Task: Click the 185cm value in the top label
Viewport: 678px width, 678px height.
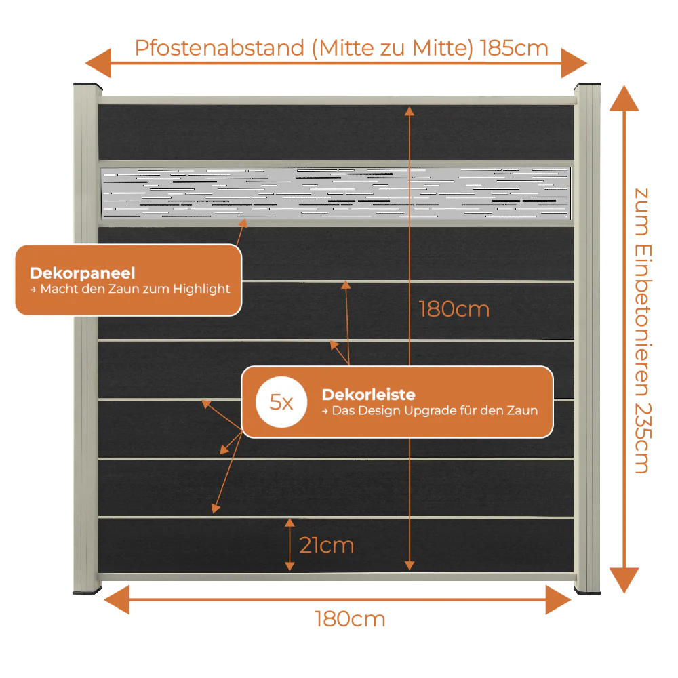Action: (514, 48)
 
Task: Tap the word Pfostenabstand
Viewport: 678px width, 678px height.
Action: (220, 48)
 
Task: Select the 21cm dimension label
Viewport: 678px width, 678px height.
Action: (327, 545)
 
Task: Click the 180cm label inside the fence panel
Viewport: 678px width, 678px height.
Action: (454, 309)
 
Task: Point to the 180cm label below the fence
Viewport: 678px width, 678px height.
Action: (350, 619)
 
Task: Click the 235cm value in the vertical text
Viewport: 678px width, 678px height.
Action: (643, 439)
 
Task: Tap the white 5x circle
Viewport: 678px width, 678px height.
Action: (281, 402)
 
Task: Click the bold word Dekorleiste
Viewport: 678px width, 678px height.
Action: (368, 395)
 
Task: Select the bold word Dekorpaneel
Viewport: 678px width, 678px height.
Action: (83, 273)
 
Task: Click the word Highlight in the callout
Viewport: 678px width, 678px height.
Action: (201, 290)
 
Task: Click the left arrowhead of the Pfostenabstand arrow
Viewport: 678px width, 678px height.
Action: (98, 63)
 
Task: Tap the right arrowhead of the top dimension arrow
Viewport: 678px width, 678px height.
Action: (574, 63)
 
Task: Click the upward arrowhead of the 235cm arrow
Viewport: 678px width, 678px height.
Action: (624, 98)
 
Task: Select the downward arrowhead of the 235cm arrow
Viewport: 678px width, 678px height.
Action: (624, 580)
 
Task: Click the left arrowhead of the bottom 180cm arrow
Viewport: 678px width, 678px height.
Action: (117, 600)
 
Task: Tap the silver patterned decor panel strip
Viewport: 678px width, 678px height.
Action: (336, 193)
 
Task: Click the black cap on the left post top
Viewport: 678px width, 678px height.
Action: (87, 85)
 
